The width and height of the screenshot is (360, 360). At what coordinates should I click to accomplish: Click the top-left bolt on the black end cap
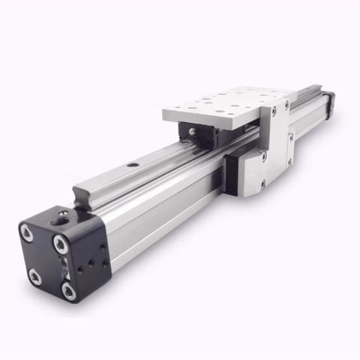tap(28, 233)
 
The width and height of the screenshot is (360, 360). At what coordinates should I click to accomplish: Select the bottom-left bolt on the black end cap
tap(35, 277)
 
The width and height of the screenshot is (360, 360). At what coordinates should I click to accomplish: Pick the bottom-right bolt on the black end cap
tap(69, 291)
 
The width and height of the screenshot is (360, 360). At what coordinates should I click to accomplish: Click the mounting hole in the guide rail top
tap(132, 164)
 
